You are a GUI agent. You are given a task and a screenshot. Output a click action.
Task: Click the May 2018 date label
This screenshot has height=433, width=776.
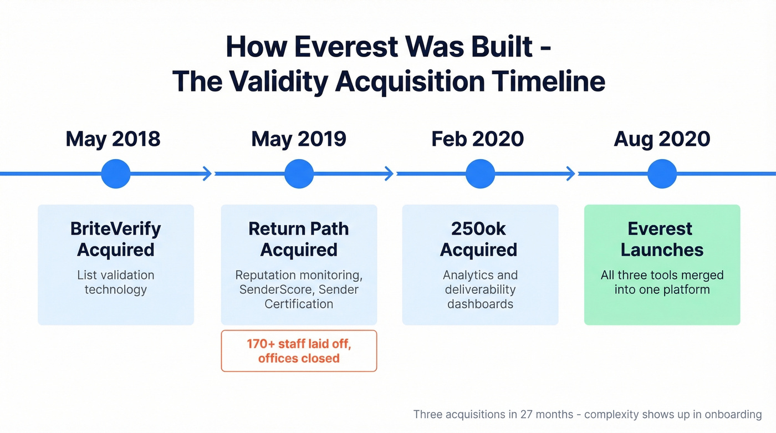click(113, 139)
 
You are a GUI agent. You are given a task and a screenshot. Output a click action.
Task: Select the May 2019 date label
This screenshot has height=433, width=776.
click(299, 139)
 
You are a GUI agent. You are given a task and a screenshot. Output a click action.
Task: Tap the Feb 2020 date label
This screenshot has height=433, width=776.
click(477, 139)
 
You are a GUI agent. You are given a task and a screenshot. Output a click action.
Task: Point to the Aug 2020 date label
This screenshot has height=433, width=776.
click(662, 139)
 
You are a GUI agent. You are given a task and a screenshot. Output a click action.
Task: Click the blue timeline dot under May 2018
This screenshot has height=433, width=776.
click(116, 174)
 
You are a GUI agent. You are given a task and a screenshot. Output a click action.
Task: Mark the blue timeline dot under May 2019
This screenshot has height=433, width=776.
click(299, 174)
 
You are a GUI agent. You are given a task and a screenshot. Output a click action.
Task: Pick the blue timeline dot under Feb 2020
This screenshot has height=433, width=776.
click(480, 174)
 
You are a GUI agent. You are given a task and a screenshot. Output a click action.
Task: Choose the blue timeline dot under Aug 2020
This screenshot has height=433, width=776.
click(662, 174)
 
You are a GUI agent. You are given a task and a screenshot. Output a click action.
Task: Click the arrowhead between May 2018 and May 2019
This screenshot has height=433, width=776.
click(207, 174)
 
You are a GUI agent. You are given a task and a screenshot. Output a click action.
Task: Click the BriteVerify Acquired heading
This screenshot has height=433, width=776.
click(116, 239)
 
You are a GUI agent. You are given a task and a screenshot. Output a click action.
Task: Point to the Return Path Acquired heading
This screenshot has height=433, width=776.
click(299, 239)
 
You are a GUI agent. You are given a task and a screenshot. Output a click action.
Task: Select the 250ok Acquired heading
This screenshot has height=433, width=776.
click(479, 239)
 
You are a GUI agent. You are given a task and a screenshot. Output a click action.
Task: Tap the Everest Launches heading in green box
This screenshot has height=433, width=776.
click(662, 239)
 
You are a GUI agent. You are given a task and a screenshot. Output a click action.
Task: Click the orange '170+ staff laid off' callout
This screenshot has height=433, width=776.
click(299, 351)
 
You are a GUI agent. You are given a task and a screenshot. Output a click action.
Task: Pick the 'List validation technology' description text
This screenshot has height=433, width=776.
click(116, 282)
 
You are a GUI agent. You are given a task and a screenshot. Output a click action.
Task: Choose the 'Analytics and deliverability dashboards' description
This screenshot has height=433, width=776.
click(480, 289)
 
